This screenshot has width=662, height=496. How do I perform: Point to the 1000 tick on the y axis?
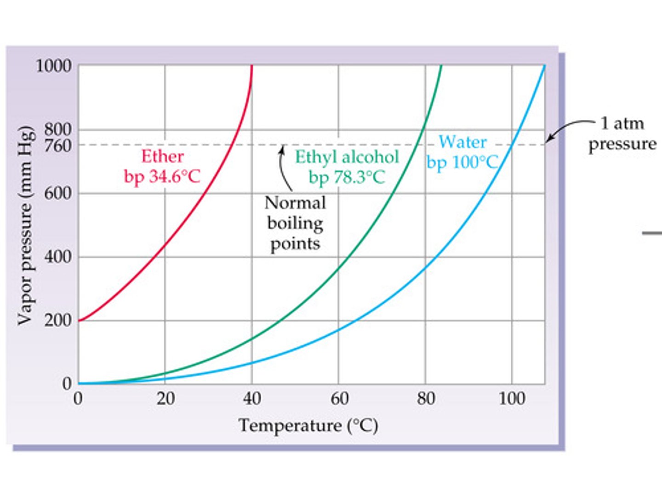(x=54, y=66)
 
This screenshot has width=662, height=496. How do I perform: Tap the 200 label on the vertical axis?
(x=58, y=320)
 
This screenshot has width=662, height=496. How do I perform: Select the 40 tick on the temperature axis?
(x=252, y=398)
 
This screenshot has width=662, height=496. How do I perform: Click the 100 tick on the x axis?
(x=512, y=398)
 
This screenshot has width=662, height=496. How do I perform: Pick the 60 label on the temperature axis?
(x=339, y=398)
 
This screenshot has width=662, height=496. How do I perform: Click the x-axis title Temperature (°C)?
(x=308, y=425)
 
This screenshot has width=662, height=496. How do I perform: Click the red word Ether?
(x=162, y=157)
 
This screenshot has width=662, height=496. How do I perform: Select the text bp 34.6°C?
(x=162, y=177)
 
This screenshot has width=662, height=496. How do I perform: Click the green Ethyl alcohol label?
(x=347, y=157)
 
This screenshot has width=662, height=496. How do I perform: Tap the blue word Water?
(x=462, y=142)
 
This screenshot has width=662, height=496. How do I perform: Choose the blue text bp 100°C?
(x=462, y=162)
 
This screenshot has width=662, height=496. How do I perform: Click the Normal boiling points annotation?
(x=295, y=223)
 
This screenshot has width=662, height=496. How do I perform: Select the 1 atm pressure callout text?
(x=622, y=134)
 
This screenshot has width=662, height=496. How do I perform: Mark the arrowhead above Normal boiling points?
(x=282, y=148)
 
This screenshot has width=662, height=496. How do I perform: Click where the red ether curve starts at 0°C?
(x=79, y=320)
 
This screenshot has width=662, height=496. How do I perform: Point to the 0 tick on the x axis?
(x=78, y=398)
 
